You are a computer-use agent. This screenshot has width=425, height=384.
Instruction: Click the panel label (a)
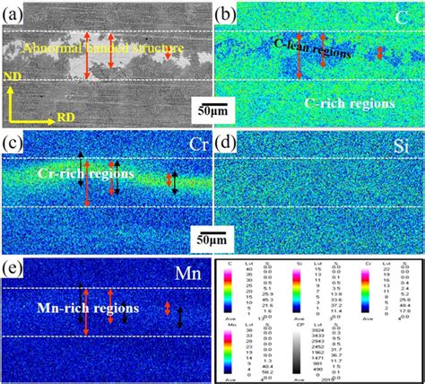pyautogui.click(x=15, y=13)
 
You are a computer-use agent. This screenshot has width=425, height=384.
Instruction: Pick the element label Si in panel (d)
pyautogui.click(x=403, y=144)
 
